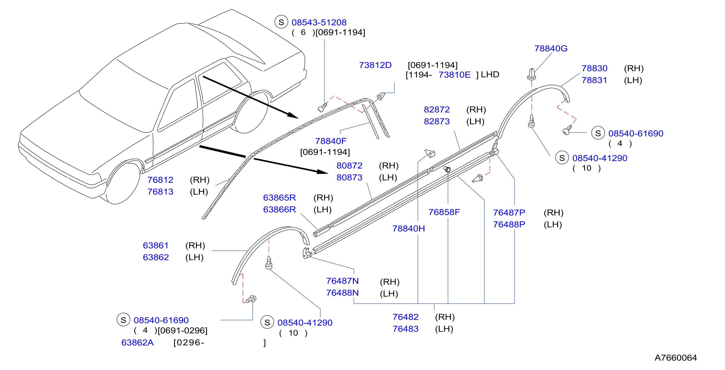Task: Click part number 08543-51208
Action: (x=319, y=22)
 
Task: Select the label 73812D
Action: (x=375, y=65)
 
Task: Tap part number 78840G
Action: (x=551, y=48)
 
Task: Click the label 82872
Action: (x=437, y=109)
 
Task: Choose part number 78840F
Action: (x=331, y=141)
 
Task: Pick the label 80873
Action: (x=349, y=177)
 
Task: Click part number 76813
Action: (x=160, y=192)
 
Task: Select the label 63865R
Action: (x=279, y=197)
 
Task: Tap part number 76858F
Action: (x=444, y=212)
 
